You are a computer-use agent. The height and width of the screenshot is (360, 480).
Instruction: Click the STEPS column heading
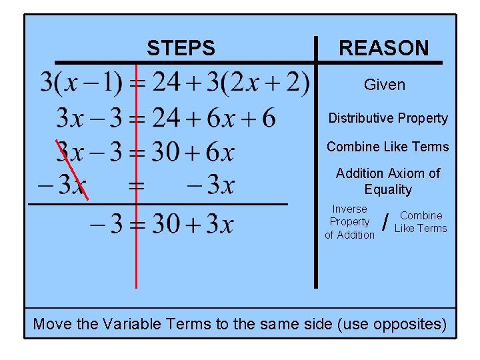point(181,48)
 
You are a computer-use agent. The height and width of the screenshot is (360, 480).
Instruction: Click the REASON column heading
point(384,48)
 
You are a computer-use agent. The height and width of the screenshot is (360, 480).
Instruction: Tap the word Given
point(385,85)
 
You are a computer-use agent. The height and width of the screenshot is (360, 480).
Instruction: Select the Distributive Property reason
point(388,118)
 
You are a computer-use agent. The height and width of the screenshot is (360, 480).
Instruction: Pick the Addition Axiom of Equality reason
point(388,181)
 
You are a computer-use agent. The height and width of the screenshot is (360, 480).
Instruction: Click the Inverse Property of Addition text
point(350,221)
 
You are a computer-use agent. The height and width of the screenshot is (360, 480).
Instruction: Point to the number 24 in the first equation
point(167,83)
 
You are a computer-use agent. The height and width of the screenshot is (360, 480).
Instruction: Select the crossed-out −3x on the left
point(63,184)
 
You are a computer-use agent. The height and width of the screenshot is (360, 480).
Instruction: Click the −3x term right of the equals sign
point(210,184)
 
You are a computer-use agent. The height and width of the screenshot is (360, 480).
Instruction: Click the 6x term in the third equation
point(220,153)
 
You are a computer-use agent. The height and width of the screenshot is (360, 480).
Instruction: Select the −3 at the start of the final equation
point(107,224)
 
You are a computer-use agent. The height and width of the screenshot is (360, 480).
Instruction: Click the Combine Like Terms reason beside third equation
point(388,147)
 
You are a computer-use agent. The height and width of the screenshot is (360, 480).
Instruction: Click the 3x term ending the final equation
point(220,224)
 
